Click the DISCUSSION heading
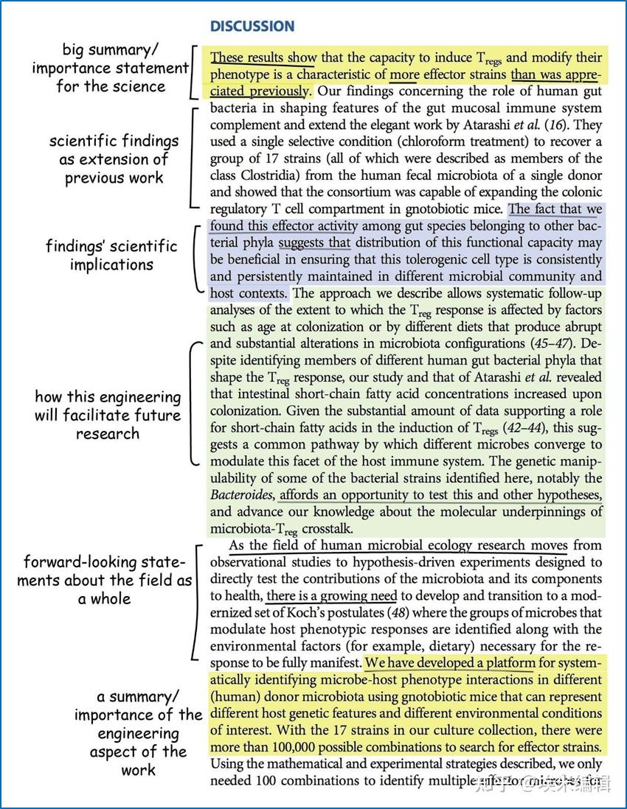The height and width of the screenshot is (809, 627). tap(252, 27)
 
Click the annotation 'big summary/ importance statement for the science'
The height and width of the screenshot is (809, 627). tap(111, 69)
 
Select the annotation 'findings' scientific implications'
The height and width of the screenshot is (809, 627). tap(111, 255)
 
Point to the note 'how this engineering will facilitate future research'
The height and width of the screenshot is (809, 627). tap(108, 415)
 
